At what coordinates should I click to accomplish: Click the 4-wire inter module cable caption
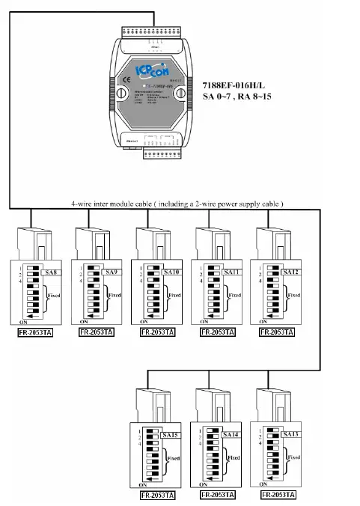coord(177,203)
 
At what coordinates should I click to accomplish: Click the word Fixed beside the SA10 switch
coord(174,296)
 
